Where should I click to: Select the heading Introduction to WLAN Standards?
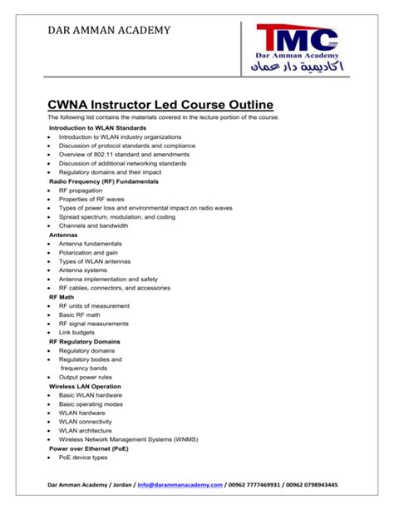97,128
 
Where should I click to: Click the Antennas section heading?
64,235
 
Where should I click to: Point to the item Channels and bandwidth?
93,225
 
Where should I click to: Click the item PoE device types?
83,458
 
